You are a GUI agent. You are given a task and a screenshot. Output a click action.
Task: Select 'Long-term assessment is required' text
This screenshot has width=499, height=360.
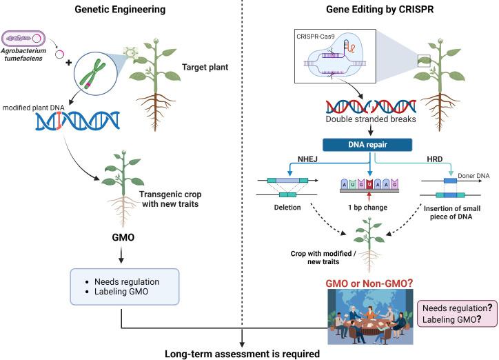[242, 351]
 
